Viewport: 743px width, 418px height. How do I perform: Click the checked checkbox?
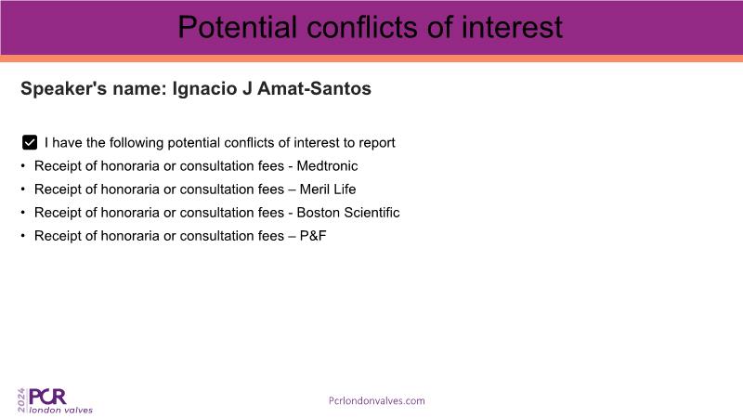[30, 142]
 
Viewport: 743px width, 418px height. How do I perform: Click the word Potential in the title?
[238, 27]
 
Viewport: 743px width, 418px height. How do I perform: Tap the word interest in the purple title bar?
[513, 27]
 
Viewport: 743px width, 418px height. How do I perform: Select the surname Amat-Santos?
[314, 88]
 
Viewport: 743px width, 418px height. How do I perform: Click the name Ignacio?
[204, 88]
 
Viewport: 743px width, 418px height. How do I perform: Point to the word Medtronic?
[327, 166]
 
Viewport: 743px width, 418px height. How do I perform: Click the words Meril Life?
[328, 189]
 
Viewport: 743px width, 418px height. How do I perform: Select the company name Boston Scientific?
[348, 213]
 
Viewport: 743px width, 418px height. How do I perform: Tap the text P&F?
[313, 236]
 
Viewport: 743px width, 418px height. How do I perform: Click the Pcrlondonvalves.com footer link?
[377, 400]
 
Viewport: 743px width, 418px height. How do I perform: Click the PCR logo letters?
[47, 397]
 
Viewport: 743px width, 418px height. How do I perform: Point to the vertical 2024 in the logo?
[21, 400]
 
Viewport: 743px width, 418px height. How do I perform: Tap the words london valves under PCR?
[61, 410]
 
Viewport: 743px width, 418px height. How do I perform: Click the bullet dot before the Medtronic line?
[22, 166]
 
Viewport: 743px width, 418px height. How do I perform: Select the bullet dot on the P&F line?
[22, 236]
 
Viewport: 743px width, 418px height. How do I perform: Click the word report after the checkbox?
[376, 143]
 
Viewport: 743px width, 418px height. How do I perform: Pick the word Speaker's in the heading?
[63, 88]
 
